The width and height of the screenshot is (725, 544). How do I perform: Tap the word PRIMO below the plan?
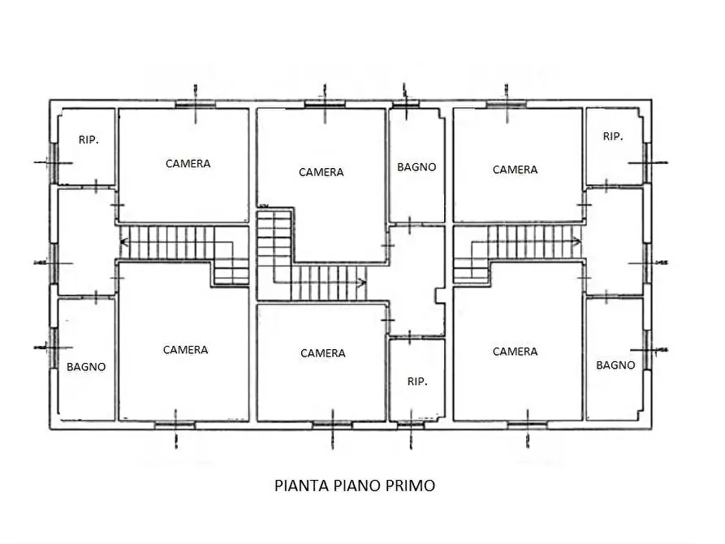coord(409,486)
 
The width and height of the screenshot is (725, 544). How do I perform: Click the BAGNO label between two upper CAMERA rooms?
coord(416,167)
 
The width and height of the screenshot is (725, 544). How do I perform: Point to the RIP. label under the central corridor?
coord(416,381)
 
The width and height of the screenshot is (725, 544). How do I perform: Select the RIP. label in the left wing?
coord(88,140)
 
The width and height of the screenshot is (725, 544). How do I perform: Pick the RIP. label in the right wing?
coord(613,136)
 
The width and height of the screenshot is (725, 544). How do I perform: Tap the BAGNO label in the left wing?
coord(86,367)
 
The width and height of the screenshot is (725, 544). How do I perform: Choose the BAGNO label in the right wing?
coord(615,365)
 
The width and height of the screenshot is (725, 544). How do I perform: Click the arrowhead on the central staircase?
coord(361,283)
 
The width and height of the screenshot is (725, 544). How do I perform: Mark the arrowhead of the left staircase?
coord(124,240)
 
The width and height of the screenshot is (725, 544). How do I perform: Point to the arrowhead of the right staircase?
coord(576,240)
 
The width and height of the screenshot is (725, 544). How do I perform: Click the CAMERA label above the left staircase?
coord(188,164)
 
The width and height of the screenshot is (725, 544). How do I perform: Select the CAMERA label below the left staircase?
coord(185,350)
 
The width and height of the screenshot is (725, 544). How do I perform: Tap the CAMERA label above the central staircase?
coord(321,172)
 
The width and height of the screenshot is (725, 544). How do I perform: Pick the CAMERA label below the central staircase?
coord(322,353)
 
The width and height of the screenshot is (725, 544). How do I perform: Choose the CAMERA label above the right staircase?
coord(515,170)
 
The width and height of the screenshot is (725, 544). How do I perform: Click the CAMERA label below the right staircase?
coord(515,352)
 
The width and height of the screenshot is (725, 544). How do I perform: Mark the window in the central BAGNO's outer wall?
coord(404,103)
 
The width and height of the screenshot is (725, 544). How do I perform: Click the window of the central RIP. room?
coord(410,424)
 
